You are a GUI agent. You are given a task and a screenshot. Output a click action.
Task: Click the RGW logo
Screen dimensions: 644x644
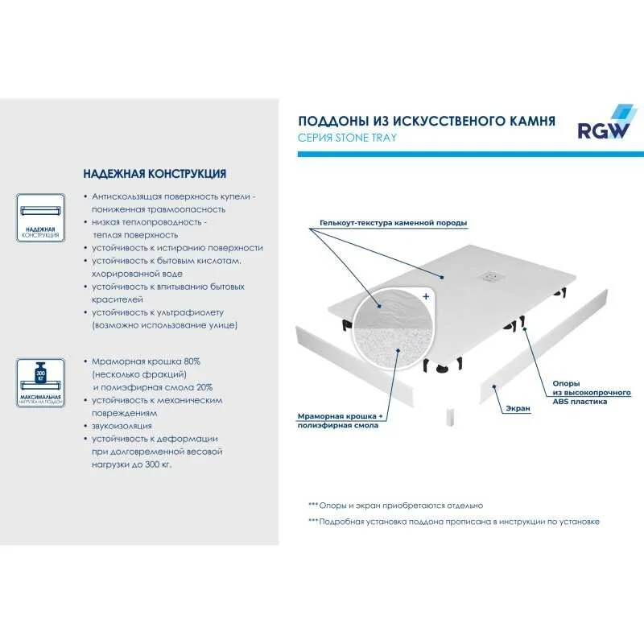coord(603,124)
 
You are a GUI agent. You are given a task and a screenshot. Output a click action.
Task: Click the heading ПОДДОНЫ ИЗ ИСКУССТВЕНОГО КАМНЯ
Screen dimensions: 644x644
coord(426,121)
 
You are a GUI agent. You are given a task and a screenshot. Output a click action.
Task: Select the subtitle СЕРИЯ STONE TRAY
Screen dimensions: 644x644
coord(347,138)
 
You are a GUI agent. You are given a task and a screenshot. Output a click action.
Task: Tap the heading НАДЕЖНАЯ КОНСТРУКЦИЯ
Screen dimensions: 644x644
coord(155,173)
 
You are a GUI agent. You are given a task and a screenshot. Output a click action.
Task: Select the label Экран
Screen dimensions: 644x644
coord(518,409)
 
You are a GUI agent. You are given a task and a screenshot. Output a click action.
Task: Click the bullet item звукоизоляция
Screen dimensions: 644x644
coord(122,426)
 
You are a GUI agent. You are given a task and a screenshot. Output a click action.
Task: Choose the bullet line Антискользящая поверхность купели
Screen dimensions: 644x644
coord(173,196)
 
